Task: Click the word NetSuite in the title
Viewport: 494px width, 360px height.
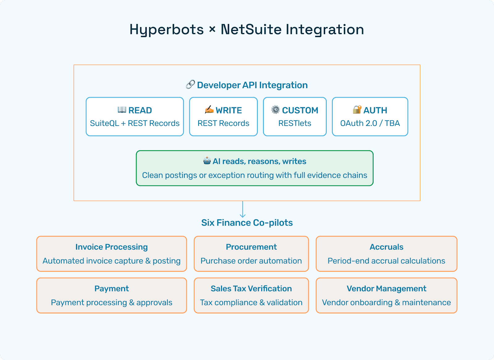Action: (x=251, y=30)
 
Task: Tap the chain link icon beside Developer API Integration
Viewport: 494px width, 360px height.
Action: (x=190, y=85)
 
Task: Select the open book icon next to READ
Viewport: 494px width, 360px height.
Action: (x=122, y=110)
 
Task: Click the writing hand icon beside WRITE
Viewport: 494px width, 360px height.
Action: (x=209, y=110)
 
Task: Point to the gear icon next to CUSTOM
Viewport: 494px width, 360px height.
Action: (x=275, y=110)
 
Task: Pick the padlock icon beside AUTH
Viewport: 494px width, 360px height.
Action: (x=357, y=110)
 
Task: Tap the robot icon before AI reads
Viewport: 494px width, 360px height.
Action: (x=207, y=161)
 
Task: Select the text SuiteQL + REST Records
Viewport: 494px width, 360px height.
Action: (x=135, y=123)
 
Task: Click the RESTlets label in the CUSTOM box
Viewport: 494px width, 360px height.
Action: (x=295, y=123)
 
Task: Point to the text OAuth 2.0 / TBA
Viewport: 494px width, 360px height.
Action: (x=370, y=123)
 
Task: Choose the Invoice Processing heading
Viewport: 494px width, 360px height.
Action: (x=111, y=247)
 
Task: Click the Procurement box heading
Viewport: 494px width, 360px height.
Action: (x=251, y=247)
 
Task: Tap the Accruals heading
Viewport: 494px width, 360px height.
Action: (x=386, y=247)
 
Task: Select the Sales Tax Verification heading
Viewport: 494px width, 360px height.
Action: (x=251, y=289)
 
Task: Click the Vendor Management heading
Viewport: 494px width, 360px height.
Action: (x=386, y=289)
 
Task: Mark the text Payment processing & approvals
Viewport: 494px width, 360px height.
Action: (x=111, y=303)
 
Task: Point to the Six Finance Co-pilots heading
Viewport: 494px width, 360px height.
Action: (x=247, y=223)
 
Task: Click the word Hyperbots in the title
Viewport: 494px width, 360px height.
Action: (x=166, y=30)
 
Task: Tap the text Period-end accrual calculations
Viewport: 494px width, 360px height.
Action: (x=386, y=261)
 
